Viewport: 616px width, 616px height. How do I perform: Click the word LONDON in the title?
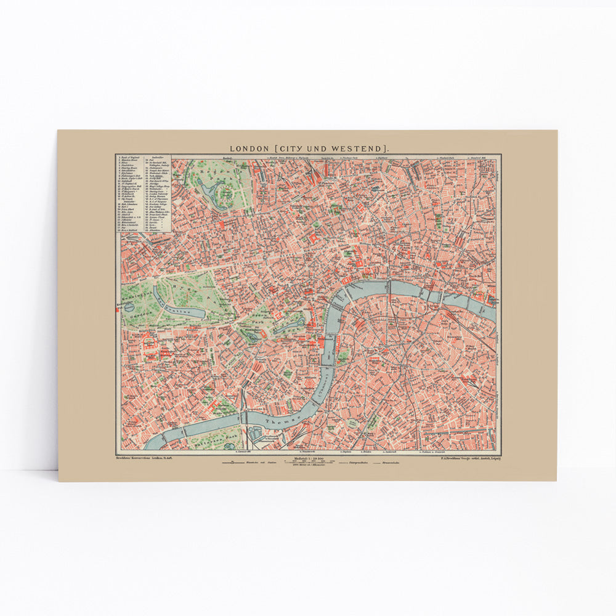tap(249, 148)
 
